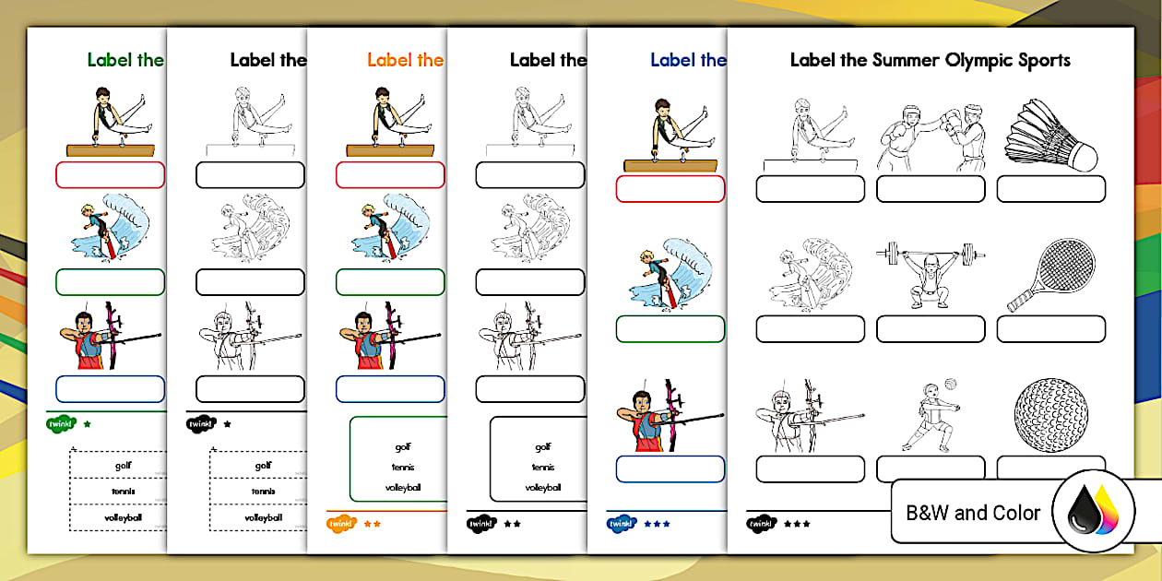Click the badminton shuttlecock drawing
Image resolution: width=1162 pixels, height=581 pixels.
pos(1051,135)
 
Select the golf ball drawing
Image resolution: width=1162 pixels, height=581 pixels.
pos(1050,415)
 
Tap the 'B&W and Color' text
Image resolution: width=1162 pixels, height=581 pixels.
pos(973,513)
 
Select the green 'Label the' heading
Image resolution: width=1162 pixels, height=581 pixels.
pos(125,61)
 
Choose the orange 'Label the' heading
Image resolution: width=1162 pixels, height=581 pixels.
pos(405,61)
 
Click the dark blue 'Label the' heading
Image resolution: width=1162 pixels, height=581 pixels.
pos(688,61)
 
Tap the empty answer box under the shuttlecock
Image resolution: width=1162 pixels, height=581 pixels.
pos(1050,189)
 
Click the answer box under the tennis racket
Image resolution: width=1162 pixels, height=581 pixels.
pos(1050,329)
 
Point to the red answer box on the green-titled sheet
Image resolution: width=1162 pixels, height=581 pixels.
pos(110,175)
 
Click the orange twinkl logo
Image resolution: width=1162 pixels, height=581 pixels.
pos(341,524)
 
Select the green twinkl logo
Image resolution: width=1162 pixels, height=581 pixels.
pos(60,424)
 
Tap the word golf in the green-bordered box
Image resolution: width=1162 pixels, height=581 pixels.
pos(403,447)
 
